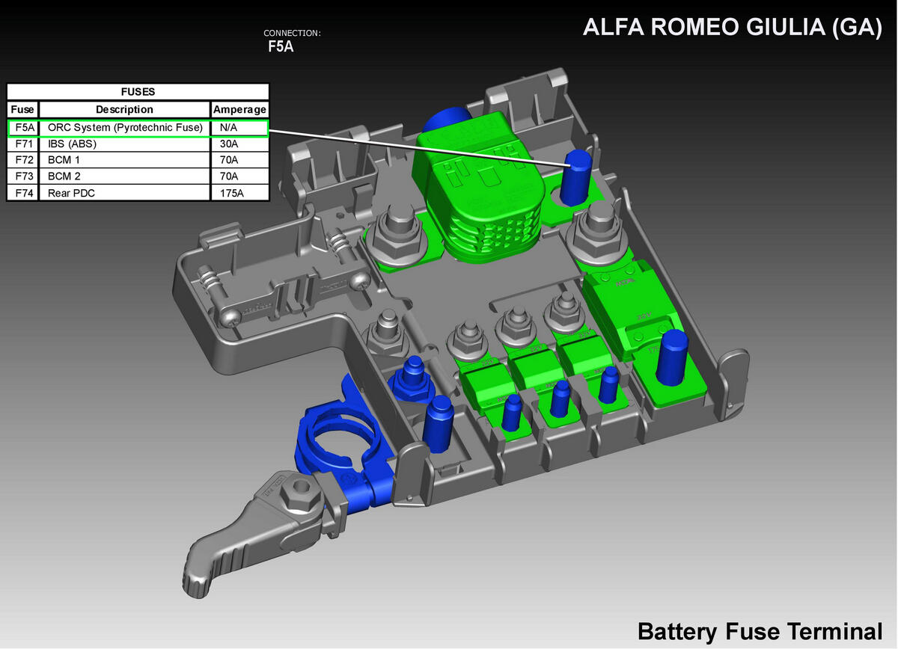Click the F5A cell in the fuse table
tap(23, 128)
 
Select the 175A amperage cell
tap(239, 193)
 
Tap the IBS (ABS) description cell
tap(124, 144)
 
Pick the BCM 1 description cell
tap(124, 160)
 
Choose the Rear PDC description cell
tap(124, 193)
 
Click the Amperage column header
tap(239, 109)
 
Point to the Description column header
tap(124, 109)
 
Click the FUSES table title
tap(138, 92)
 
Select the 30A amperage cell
tap(239, 144)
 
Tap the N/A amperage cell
tap(239, 128)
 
